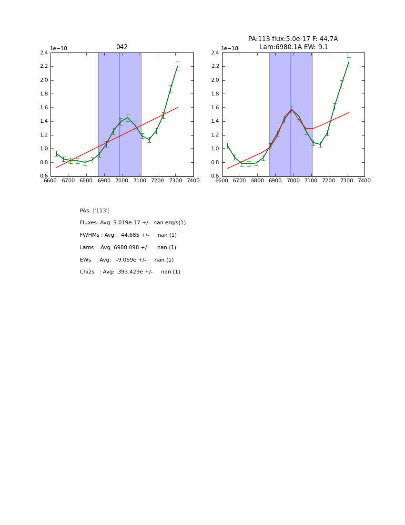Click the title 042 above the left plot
pyautogui.click(x=121, y=47)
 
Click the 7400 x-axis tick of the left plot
pyautogui.click(x=193, y=180)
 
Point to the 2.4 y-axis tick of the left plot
pyautogui.click(x=44, y=52)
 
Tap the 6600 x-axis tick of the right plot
pyautogui.click(x=222, y=180)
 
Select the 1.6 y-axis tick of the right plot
pyautogui.click(x=215, y=107)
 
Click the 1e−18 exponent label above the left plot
pyautogui.click(x=59, y=48)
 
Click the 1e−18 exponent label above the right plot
pyautogui.click(x=230, y=48)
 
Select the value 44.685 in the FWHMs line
pyautogui.click(x=130, y=235)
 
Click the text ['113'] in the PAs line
pyautogui.click(x=101, y=210)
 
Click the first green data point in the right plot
pyautogui.click(x=227, y=146)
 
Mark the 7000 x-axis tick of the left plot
pyautogui.click(x=122, y=180)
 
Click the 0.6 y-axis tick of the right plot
pyautogui.click(x=215, y=176)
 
